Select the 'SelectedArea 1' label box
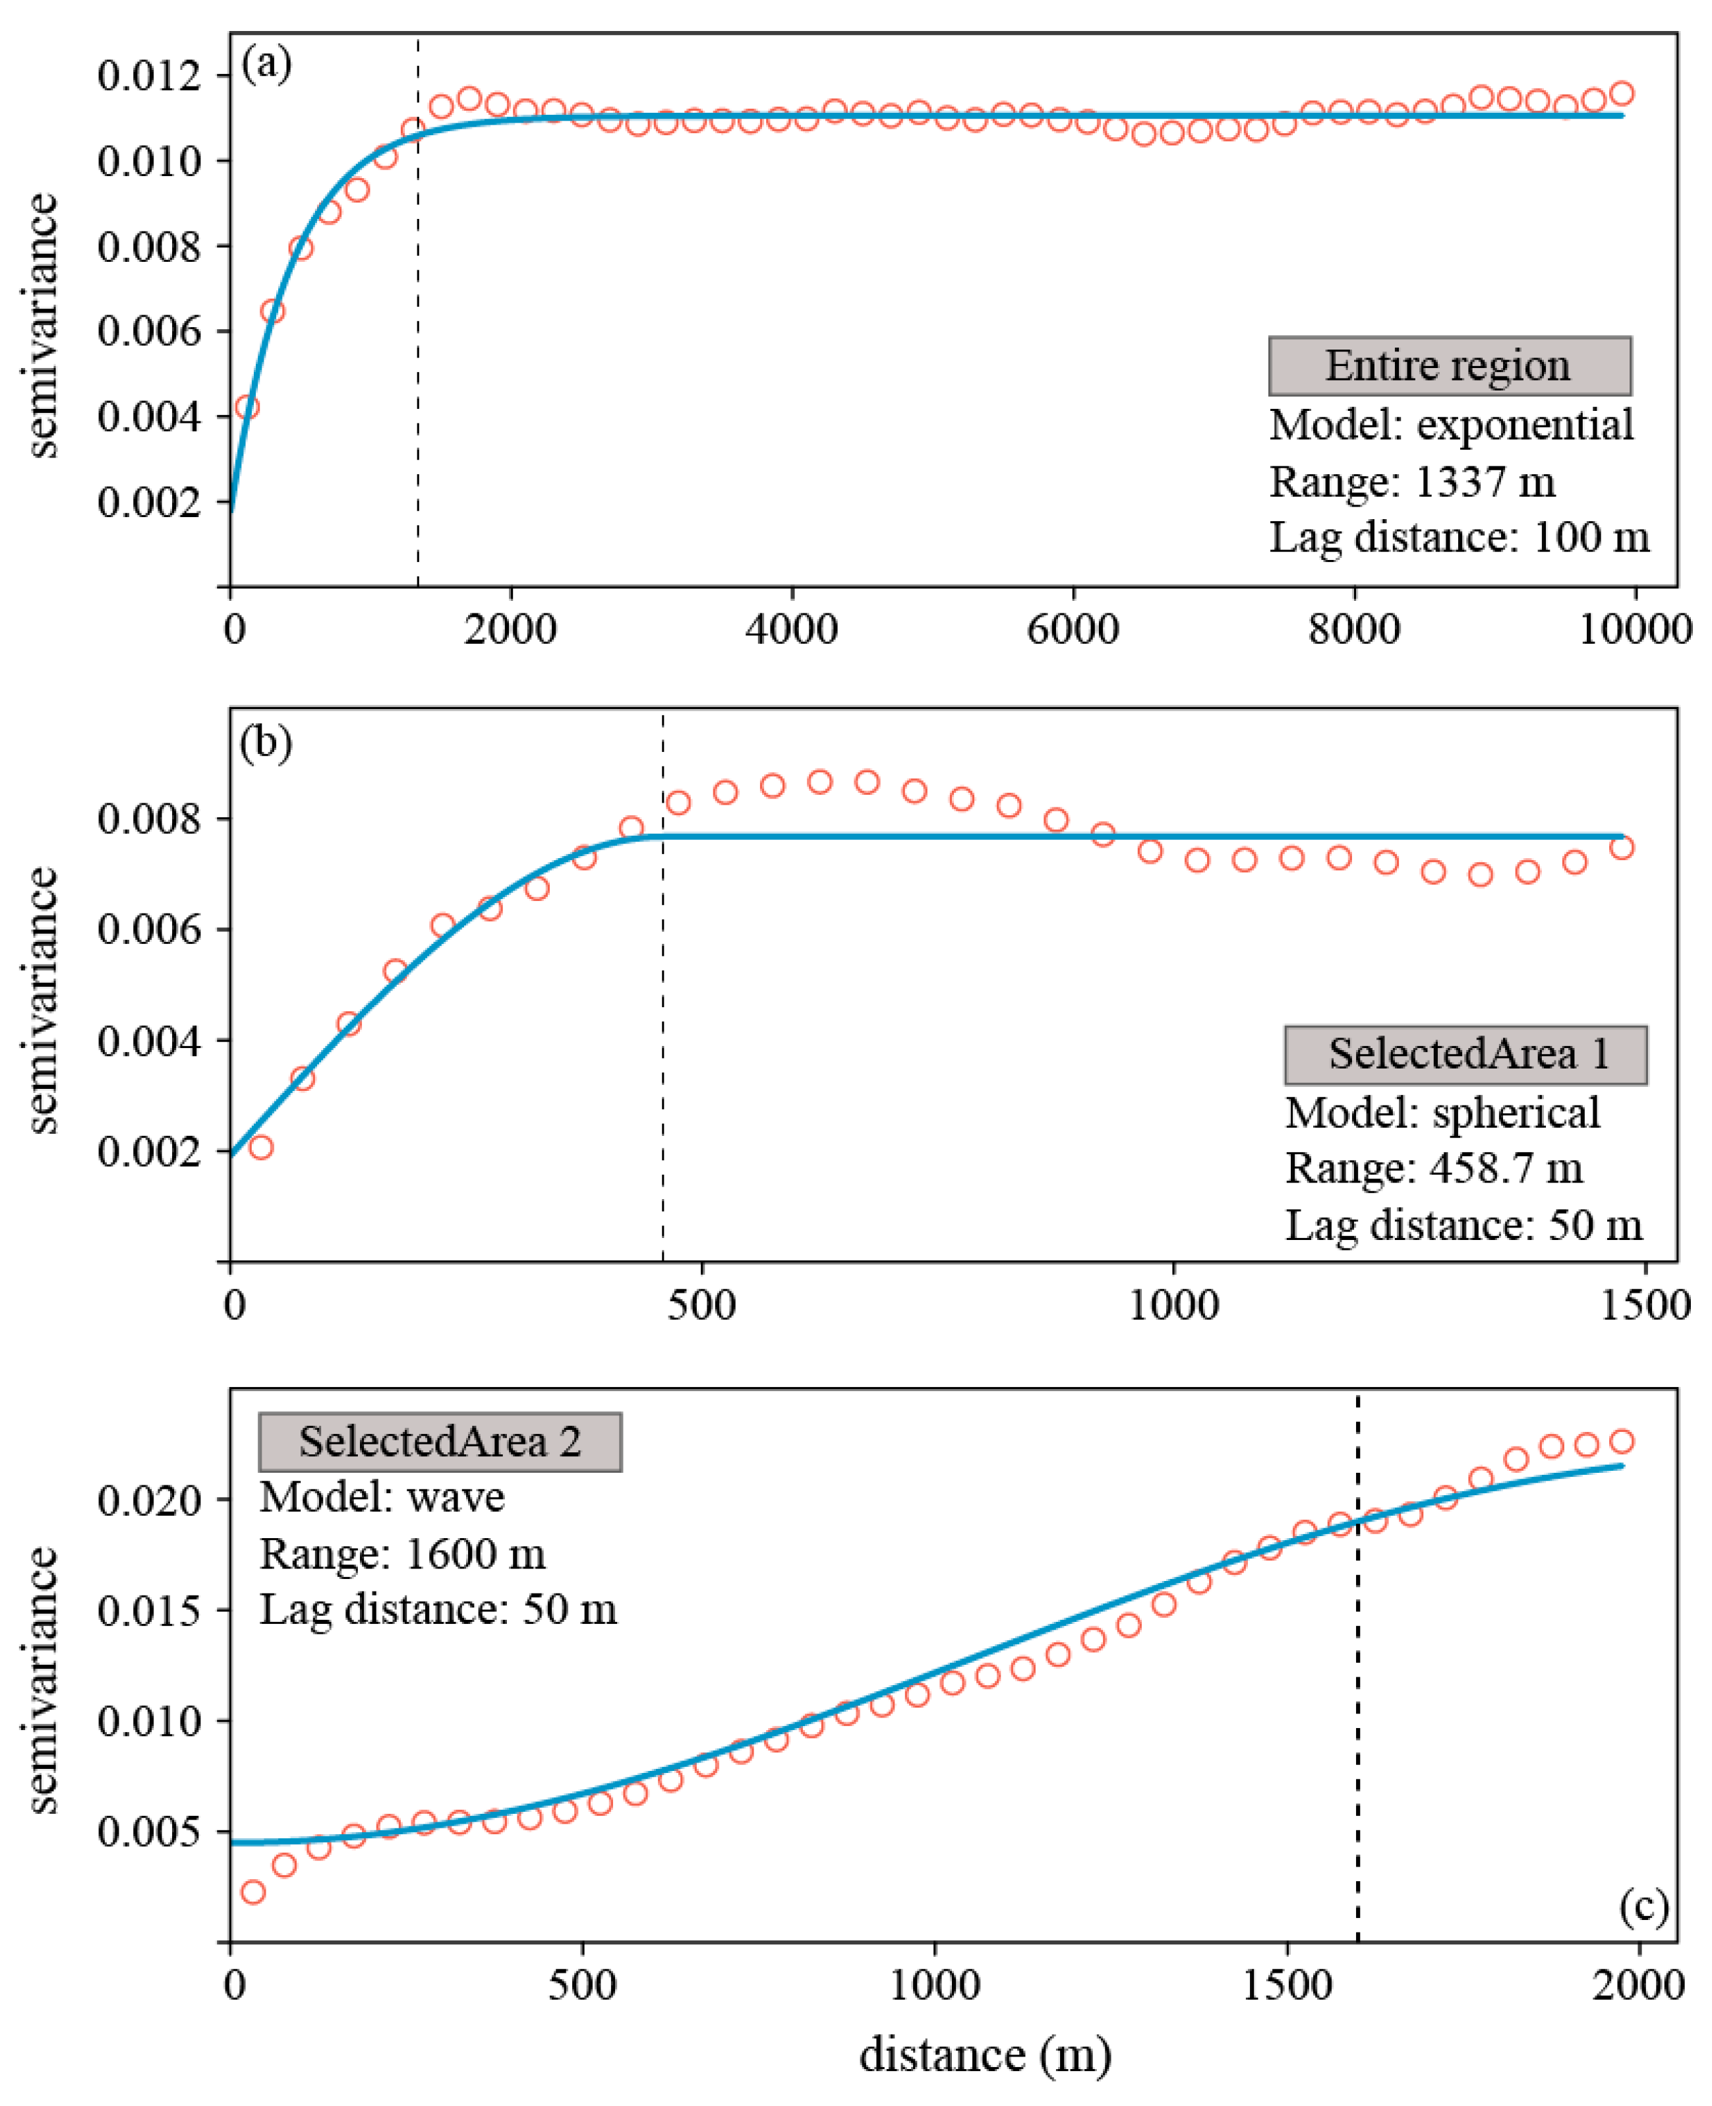[x=1465, y=1055]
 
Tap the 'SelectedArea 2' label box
[x=440, y=1442]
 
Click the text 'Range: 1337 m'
[x=1411, y=482]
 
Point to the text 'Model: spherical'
[x=1442, y=1113]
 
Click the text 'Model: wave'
[x=382, y=1497]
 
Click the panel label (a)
[x=266, y=65]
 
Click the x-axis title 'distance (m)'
[x=985, y=2055]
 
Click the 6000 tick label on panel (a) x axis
[x=1073, y=629]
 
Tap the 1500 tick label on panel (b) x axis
[x=1645, y=1305]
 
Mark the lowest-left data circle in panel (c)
[x=252, y=1892]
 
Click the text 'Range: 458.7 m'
[x=1433, y=1169]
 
